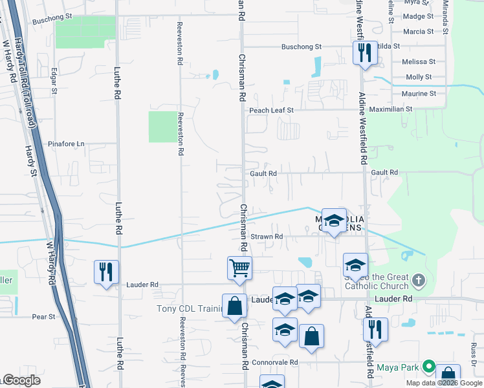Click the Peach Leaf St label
[272, 111]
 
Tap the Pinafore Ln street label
[67, 144]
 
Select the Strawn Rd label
[267, 237]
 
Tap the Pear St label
[43, 317]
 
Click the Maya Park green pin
[428, 367]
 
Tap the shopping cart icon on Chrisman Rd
[239, 267]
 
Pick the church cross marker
[419, 280]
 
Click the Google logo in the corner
[22, 380]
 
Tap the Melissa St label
[419, 61]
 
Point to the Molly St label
[419, 77]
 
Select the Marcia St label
[418, 31]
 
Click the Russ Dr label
[474, 352]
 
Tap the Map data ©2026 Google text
[445, 383]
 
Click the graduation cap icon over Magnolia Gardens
[334, 221]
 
